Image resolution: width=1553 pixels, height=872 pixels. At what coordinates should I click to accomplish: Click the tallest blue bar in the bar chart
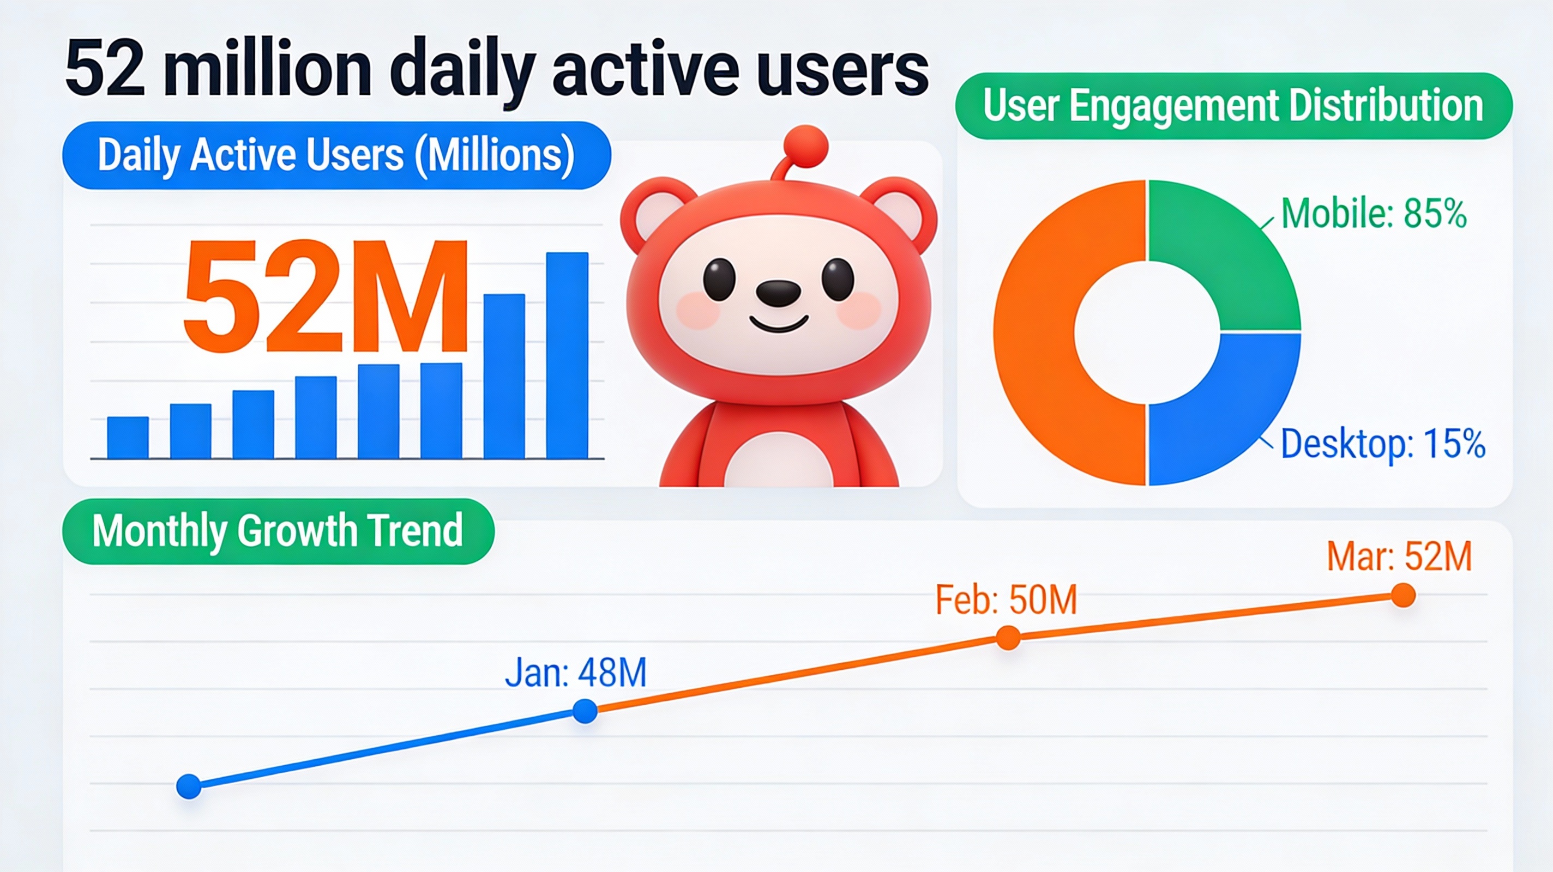(x=567, y=355)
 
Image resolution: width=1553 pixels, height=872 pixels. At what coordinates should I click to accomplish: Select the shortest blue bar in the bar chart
(x=128, y=438)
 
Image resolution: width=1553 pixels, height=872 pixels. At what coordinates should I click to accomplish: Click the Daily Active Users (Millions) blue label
(x=336, y=155)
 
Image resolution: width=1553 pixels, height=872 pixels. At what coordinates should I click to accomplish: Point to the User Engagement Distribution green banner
(x=1233, y=107)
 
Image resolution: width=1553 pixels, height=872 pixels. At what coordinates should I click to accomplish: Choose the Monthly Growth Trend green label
(x=278, y=531)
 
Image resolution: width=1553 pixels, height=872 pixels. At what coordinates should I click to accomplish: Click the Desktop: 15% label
(x=1382, y=444)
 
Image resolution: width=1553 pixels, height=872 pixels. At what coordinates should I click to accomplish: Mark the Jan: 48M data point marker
(x=585, y=711)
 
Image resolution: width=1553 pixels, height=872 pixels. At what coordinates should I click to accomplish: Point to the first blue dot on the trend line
(x=189, y=786)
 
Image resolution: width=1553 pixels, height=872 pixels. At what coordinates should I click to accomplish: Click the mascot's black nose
(x=778, y=292)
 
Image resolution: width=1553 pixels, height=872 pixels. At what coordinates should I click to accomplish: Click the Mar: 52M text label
(x=1399, y=556)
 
